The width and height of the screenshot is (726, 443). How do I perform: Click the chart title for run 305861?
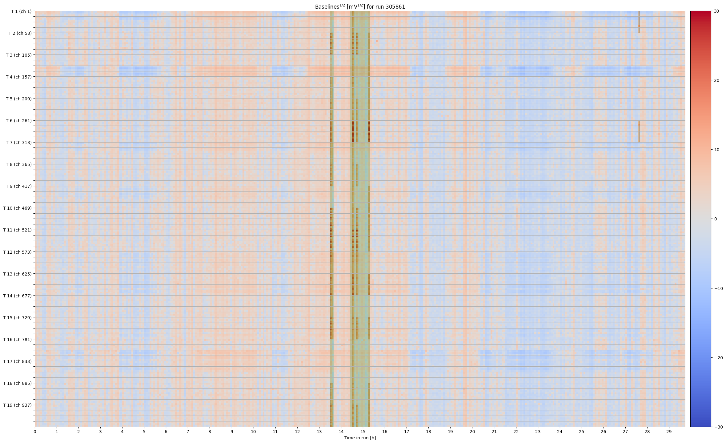pyautogui.click(x=360, y=6)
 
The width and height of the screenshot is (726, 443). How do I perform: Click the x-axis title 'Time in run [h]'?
pyautogui.click(x=360, y=438)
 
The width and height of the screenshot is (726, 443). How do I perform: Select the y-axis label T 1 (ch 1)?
pyautogui.click(x=21, y=11)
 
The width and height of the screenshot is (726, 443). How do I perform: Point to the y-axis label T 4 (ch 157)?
pyautogui.click(x=19, y=77)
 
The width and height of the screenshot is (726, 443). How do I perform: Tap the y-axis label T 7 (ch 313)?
pyautogui.click(x=19, y=143)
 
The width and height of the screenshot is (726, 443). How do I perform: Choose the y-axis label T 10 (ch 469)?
pyautogui.click(x=18, y=208)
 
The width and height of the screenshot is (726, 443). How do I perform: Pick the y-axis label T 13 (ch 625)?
pyautogui.click(x=18, y=274)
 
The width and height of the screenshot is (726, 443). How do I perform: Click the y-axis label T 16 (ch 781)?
pyautogui.click(x=18, y=340)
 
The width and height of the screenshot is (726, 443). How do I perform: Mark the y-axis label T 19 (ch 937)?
pyautogui.click(x=18, y=405)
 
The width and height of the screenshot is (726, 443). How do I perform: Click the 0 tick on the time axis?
pyautogui.click(x=35, y=432)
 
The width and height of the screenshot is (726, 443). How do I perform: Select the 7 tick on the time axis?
pyautogui.click(x=188, y=432)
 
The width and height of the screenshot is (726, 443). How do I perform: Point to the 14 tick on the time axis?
pyautogui.click(x=341, y=432)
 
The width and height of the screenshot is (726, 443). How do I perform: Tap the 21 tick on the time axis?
pyautogui.click(x=494, y=432)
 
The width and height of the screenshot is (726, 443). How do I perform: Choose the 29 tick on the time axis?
pyautogui.click(x=669, y=432)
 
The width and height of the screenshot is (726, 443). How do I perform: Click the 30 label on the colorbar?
pyautogui.click(x=716, y=11)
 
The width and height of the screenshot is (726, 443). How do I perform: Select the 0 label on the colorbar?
pyautogui.click(x=716, y=219)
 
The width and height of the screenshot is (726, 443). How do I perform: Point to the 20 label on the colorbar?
pyautogui.click(x=716, y=81)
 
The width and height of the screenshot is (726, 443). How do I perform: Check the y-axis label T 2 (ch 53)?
pyautogui.click(x=20, y=33)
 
